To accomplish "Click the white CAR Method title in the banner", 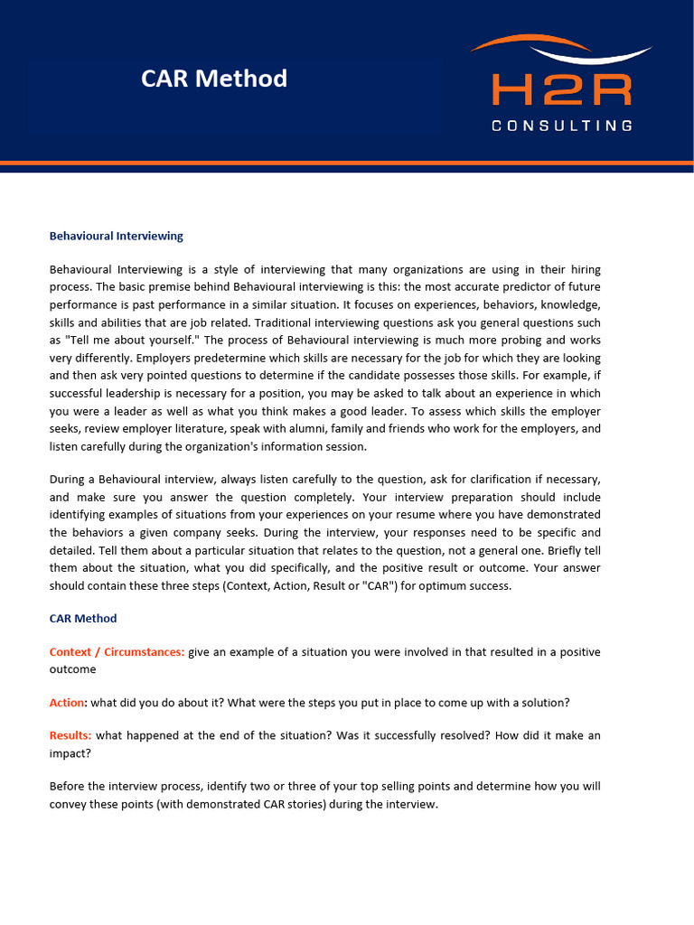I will click(x=214, y=79).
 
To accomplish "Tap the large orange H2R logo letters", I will click(x=561, y=90).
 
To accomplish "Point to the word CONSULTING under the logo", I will click(x=561, y=126).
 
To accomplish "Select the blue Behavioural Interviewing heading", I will click(x=116, y=236).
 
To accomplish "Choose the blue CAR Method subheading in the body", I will click(x=83, y=619).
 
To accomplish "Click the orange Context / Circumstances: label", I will click(x=117, y=652).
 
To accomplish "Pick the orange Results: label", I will click(x=70, y=736).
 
